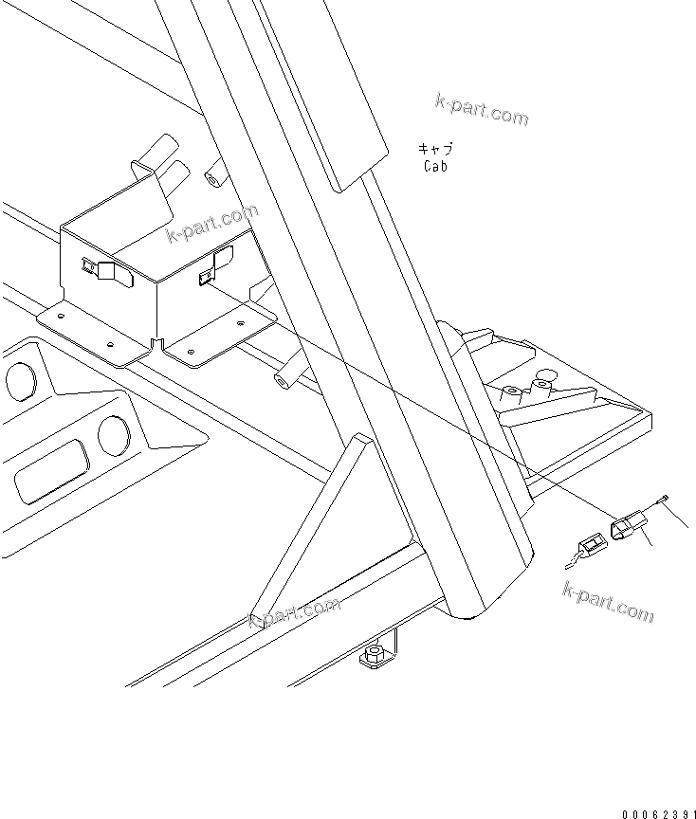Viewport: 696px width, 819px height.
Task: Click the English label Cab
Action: tap(435, 166)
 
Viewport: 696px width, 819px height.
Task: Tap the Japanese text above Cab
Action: tap(435, 149)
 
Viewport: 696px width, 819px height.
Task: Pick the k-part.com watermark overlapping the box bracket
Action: tap(211, 225)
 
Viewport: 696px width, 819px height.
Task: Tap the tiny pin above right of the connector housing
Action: tap(663, 498)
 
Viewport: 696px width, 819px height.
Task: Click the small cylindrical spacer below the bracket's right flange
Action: tap(283, 384)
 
